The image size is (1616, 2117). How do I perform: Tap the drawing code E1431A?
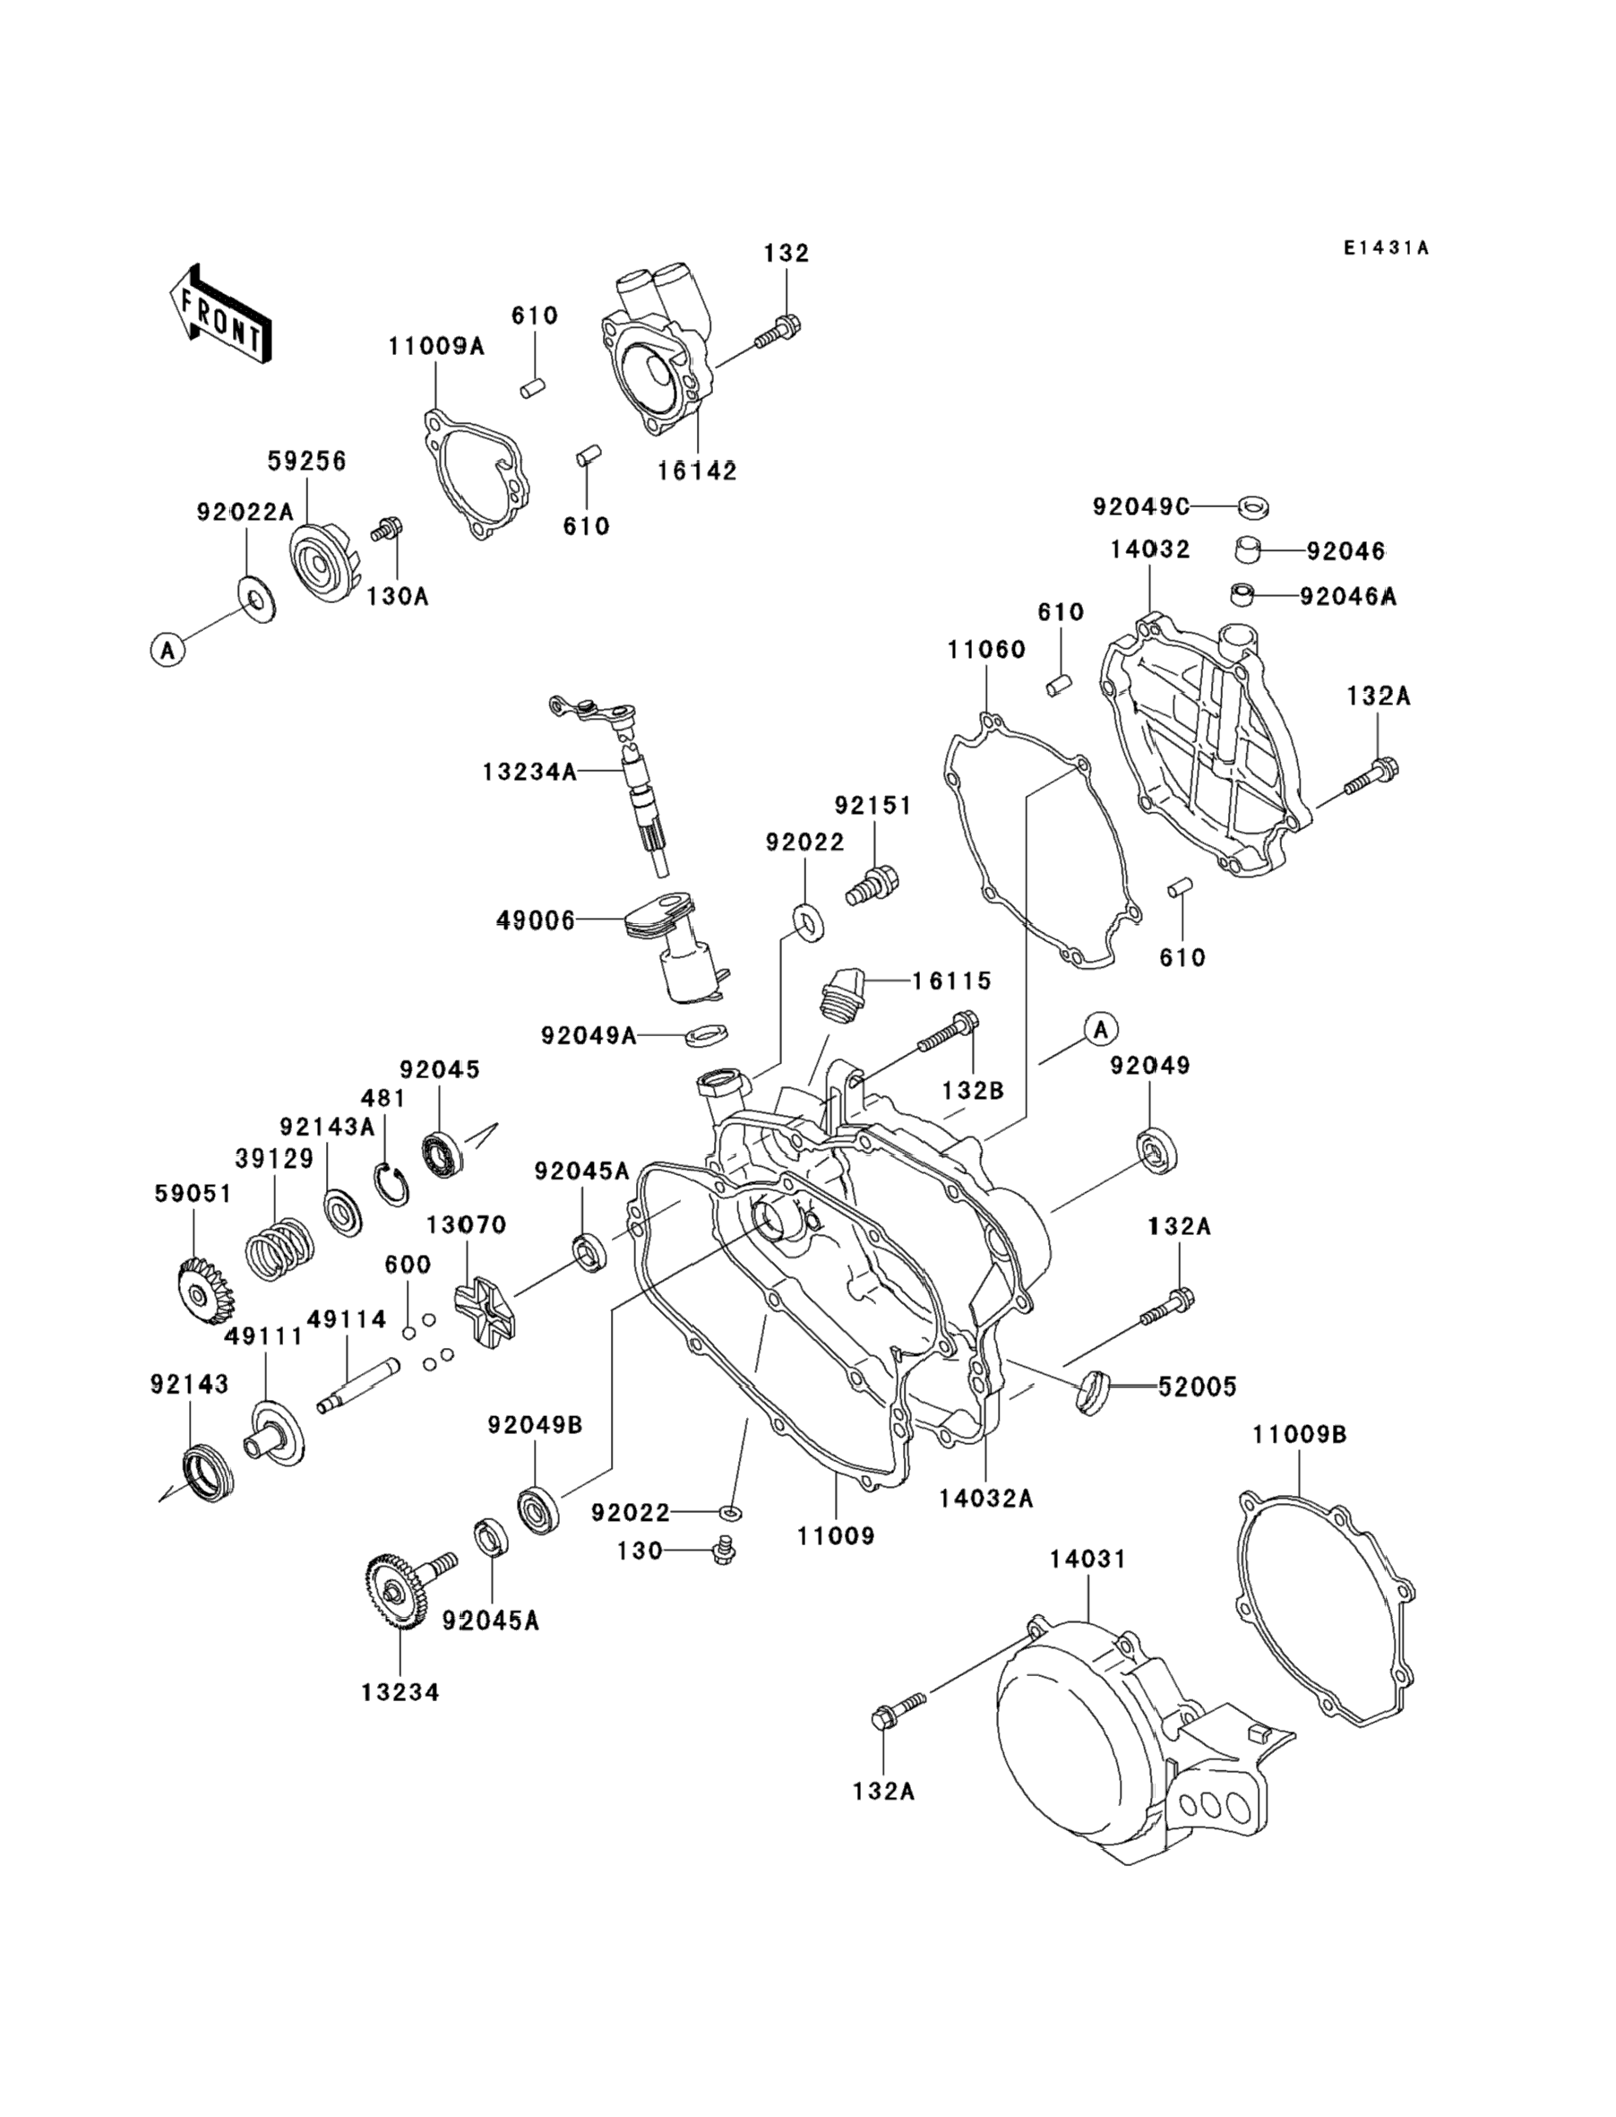point(1386,248)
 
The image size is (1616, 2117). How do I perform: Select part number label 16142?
point(698,471)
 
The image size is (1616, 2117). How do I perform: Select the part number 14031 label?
point(1087,1559)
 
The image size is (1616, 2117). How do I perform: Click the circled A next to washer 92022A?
point(168,651)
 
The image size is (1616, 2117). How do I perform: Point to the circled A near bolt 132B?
point(1102,1030)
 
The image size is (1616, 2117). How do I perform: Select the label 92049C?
point(1141,506)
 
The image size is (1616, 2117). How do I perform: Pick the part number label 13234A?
point(530,772)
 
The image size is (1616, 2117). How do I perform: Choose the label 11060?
point(986,650)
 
